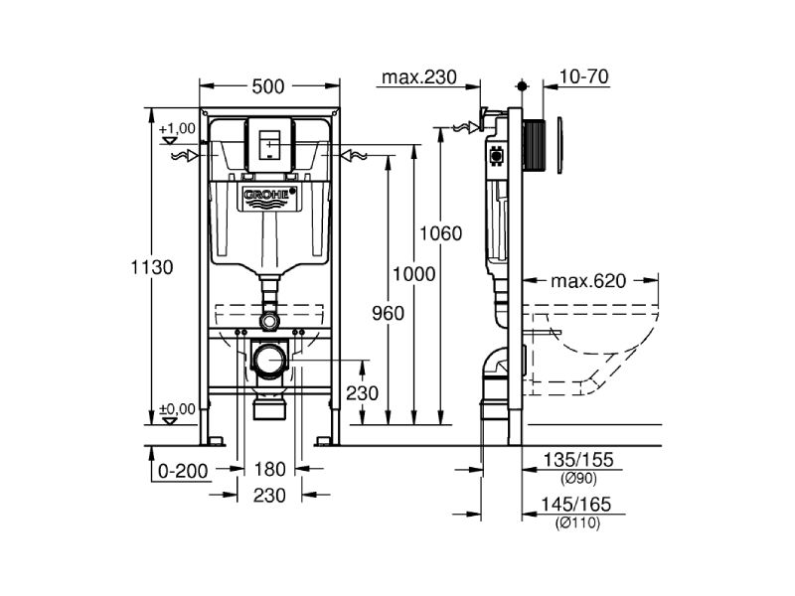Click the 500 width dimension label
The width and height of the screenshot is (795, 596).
[268, 86]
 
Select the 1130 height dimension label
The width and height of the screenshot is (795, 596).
[152, 267]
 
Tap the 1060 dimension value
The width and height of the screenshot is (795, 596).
[440, 234]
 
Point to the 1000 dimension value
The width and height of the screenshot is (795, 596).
[413, 274]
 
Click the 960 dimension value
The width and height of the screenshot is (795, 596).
[387, 314]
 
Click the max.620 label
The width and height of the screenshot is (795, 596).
[590, 280]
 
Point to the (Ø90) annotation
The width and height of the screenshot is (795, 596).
[578, 478]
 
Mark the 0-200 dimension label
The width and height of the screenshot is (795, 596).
[184, 470]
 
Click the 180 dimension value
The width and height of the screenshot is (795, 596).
[269, 470]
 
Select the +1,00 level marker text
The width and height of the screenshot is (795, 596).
[175, 129]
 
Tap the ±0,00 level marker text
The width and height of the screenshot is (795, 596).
[175, 409]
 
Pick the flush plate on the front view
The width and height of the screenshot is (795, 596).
[268, 142]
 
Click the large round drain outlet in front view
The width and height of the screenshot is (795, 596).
[268, 360]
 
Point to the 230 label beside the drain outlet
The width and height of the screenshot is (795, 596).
[362, 392]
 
